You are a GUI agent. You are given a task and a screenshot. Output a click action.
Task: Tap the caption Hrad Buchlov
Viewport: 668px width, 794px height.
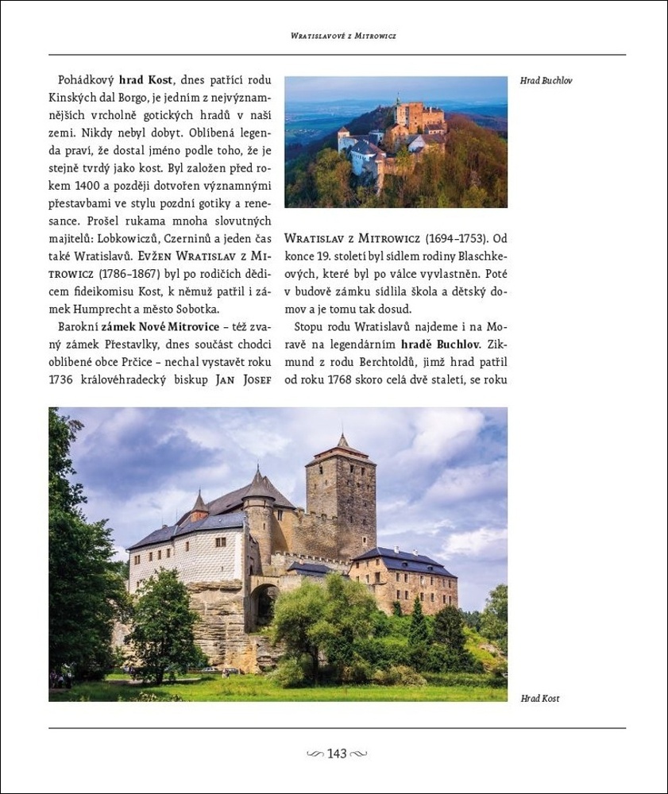(546, 81)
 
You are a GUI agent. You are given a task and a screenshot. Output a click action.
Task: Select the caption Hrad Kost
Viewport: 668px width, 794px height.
(540, 699)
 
